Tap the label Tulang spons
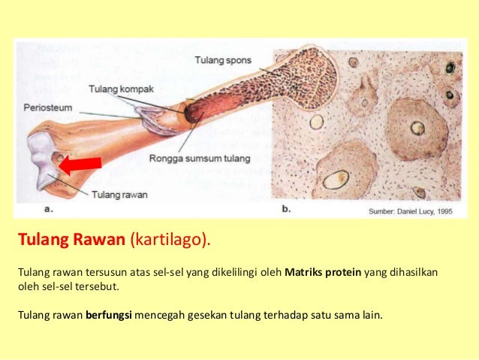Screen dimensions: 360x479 pyautogui.click(x=223, y=59)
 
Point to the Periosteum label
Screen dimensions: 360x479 pyautogui.click(x=47, y=107)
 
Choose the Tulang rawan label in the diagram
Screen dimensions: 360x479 pyautogui.click(x=119, y=194)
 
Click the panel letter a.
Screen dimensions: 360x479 pyautogui.click(x=48, y=210)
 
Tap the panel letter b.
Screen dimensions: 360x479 pyautogui.click(x=285, y=210)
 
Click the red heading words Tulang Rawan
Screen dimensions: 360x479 pyautogui.click(x=71, y=241)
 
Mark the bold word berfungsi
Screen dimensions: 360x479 pyautogui.click(x=109, y=315)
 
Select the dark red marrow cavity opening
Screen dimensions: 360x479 pyautogui.click(x=193, y=113)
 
